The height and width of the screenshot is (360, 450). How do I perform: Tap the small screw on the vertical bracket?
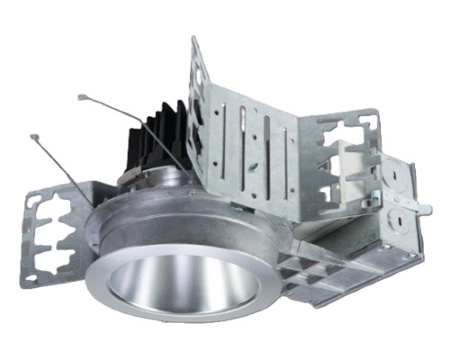click(x=255, y=167)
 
